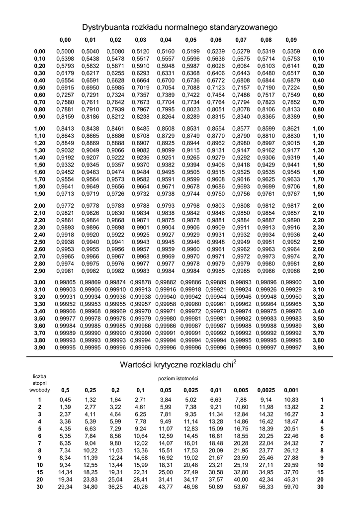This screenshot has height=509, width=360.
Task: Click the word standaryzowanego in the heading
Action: [245, 26]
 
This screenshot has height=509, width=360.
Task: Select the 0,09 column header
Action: [291, 40]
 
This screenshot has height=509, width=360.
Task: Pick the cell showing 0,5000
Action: [65, 51]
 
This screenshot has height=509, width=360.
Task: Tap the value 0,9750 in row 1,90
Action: [215, 194]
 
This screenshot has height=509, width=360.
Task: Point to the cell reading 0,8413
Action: [65, 128]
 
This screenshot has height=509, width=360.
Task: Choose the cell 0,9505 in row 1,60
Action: [190, 172]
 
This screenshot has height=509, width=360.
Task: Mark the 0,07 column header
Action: [241, 40]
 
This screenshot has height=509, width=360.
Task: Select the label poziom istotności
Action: [178, 379]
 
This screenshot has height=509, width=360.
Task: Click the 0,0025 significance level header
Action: [266, 390]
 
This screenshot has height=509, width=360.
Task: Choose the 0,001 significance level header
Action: [291, 390]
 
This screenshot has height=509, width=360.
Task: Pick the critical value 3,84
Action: [165, 400]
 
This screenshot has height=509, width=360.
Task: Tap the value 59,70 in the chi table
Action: [291, 487]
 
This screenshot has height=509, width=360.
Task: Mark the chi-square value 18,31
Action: [165, 465]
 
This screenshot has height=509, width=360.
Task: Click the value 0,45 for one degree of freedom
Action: [65, 400]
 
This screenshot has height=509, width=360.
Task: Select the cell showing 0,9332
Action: [65, 165]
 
